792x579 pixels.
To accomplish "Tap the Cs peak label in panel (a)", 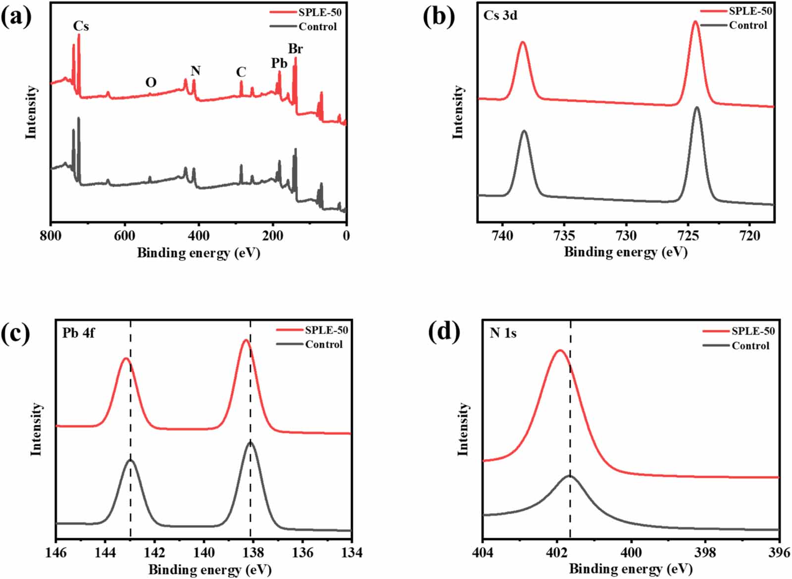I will click(x=81, y=26).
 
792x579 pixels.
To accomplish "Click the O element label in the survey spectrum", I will click(x=151, y=82).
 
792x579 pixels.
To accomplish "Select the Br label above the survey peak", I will click(x=296, y=48).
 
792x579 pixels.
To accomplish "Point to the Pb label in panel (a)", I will click(x=279, y=63).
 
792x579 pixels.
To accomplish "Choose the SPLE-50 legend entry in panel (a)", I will click(x=319, y=12).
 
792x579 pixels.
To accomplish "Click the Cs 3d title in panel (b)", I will click(x=500, y=15).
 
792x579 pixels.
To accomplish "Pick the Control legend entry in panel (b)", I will click(x=748, y=25).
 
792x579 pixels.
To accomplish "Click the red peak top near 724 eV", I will click(x=695, y=21).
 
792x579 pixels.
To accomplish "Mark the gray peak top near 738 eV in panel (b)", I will click(x=524, y=131).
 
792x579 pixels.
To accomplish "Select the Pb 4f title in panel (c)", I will click(x=78, y=333).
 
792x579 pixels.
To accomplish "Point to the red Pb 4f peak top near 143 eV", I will click(x=126, y=358).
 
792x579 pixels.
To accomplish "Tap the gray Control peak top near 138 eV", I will click(x=250, y=442).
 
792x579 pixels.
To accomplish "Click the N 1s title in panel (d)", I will click(x=503, y=333).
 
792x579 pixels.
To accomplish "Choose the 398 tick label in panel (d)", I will click(x=705, y=552).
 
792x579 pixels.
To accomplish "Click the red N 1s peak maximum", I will click(x=560, y=350).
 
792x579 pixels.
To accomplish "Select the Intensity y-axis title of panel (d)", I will click(x=463, y=429).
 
